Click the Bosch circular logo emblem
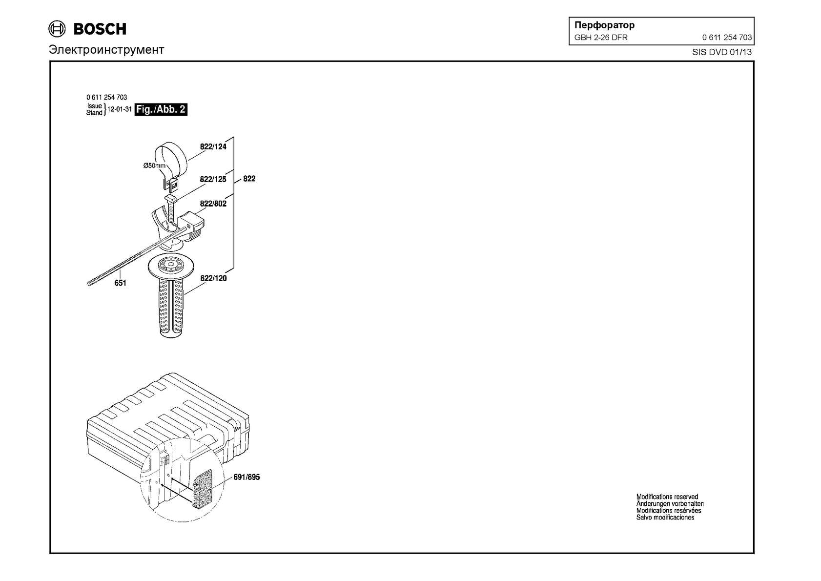click(57, 29)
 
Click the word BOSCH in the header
click(100, 29)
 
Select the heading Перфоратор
click(604, 25)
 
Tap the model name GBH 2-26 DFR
click(601, 38)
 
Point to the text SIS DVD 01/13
click(722, 52)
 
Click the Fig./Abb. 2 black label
click(161, 109)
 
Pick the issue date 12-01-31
click(120, 109)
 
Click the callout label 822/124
click(213, 146)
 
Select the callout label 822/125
click(213, 179)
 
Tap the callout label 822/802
click(213, 204)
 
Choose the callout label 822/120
click(213, 278)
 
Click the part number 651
click(120, 283)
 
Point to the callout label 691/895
click(246, 477)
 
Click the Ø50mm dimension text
click(154, 166)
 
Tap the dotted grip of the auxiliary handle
click(171, 307)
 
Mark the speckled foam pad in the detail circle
click(202, 489)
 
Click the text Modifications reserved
click(667, 497)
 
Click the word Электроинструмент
click(106, 49)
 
